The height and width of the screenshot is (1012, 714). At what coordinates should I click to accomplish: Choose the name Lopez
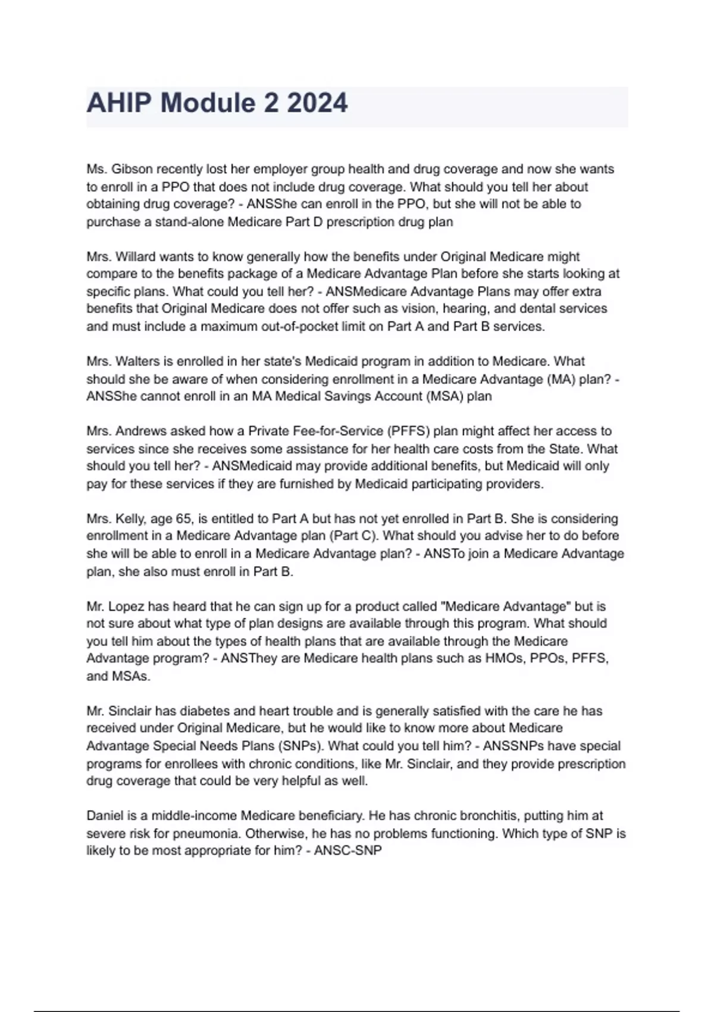[x=127, y=607]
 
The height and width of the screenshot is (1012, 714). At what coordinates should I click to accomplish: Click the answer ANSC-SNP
[x=347, y=851]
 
